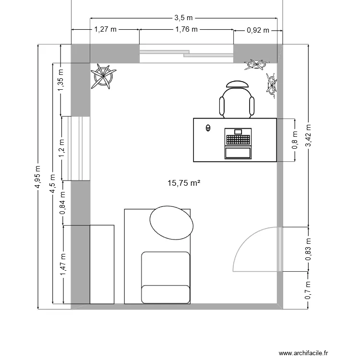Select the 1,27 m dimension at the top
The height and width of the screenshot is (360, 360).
pos(105,29)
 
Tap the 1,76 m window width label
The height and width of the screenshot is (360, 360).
pos(186,29)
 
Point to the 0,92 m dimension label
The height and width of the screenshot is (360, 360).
pos(258,30)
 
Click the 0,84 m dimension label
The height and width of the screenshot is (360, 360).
pos(63,203)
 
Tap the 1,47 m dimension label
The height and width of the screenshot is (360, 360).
pos(63,264)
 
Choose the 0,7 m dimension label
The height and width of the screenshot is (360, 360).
pos(308,291)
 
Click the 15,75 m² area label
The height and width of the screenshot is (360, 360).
pos(183,183)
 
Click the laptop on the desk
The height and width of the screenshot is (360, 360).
pos(238,143)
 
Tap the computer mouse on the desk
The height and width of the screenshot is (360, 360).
pos(208,128)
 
